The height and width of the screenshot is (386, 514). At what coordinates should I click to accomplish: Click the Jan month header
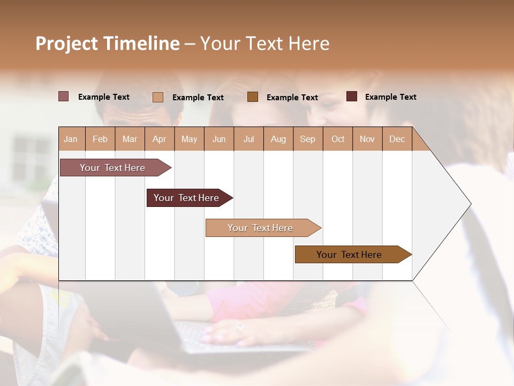tap(71, 139)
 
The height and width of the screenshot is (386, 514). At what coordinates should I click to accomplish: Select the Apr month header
tap(160, 139)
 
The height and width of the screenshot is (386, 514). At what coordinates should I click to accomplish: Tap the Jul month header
tap(249, 139)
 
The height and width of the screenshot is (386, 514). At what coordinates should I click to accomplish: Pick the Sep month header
tap(308, 139)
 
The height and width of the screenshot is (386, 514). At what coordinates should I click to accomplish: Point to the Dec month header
tap(397, 139)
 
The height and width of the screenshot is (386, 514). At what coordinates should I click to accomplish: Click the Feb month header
tap(100, 139)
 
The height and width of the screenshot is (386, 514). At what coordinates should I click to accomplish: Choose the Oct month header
tap(338, 139)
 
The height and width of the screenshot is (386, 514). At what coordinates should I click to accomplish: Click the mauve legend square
tap(64, 96)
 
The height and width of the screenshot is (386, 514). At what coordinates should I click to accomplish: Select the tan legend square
tap(158, 97)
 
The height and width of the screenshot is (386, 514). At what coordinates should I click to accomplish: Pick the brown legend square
tap(253, 96)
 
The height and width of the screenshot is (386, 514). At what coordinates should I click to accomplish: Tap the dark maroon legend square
tap(352, 96)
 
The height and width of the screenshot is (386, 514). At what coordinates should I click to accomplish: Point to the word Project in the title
tap(67, 43)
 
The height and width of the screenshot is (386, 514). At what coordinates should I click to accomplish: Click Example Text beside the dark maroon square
tap(390, 97)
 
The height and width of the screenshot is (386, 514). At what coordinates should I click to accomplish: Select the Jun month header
tap(219, 139)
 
